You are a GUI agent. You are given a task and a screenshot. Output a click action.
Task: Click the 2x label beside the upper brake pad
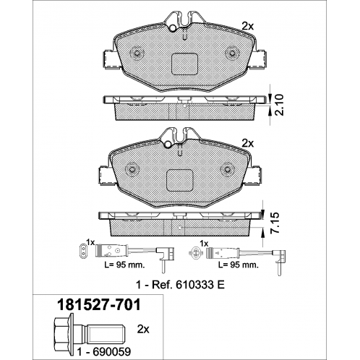[x=248, y=25]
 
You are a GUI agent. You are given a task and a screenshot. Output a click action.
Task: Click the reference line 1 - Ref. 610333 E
[x=181, y=285]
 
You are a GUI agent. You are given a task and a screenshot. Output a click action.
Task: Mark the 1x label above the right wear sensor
[x=205, y=242]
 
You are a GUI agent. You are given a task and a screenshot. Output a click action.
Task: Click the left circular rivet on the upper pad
[x=135, y=52]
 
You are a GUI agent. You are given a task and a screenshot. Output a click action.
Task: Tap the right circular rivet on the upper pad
[x=233, y=52]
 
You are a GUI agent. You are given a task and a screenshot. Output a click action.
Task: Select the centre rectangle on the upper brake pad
[x=184, y=63]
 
